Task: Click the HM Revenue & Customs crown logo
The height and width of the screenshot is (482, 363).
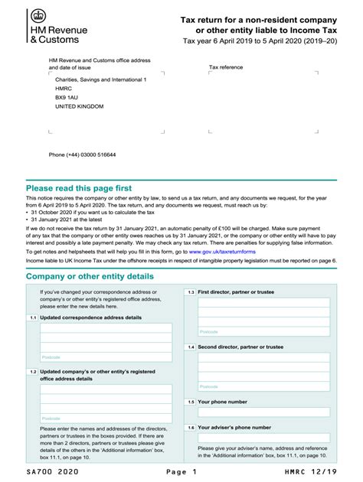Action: (37, 16)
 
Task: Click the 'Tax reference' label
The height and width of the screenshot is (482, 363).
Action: (227, 67)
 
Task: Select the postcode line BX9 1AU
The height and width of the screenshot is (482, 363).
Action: (67, 98)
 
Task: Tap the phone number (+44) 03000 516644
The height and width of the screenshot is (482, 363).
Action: (83, 154)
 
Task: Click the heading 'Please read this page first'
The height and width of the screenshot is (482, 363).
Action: (79, 187)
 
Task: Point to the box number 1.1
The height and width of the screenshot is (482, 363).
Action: (33, 317)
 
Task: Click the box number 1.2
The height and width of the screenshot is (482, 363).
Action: (33, 372)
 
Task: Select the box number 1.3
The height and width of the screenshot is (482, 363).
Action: (191, 292)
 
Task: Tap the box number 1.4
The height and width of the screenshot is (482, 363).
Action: (191, 347)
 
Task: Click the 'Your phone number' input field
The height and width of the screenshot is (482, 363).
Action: (263, 413)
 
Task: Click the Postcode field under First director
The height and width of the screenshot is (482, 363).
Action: (263, 332)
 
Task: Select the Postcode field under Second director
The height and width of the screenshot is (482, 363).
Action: (263, 386)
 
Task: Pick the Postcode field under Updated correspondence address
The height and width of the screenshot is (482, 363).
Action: (106, 357)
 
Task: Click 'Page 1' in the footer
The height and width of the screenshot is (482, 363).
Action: (181, 473)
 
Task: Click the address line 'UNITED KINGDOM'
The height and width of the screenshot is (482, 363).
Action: (79, 107)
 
